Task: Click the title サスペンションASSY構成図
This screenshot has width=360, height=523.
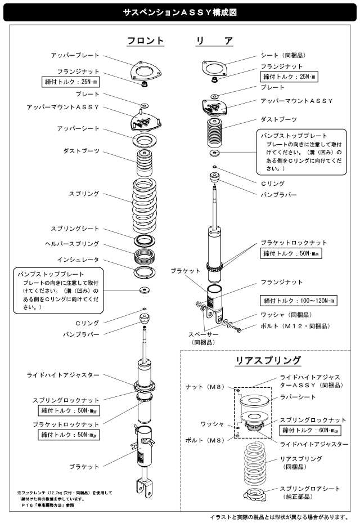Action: [180, 11]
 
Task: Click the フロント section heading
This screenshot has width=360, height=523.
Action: [145, 41]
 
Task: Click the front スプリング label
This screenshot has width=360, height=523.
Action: [83, 194]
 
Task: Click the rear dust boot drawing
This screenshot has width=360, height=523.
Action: [215, 133]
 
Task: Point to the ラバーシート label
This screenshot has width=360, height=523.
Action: [298, 397]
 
